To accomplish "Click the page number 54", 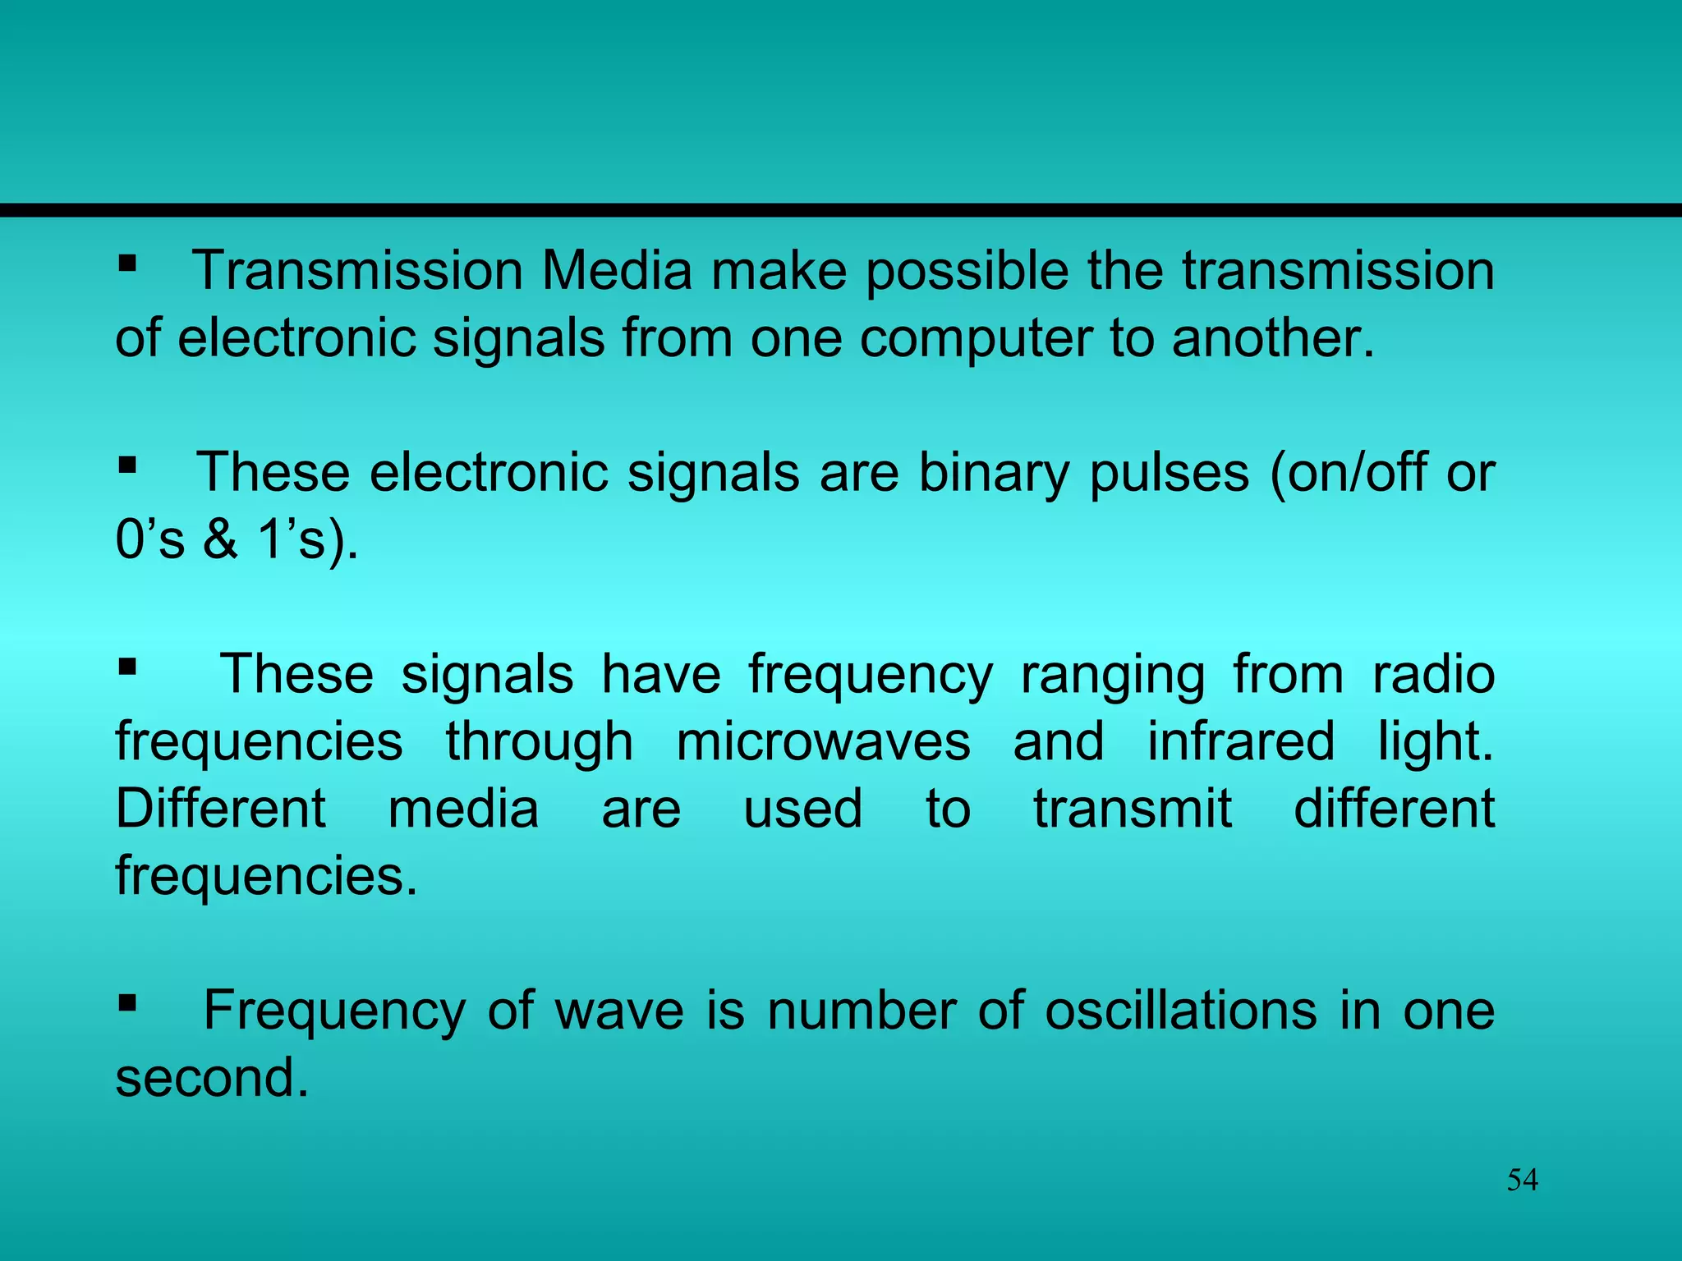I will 1522,1180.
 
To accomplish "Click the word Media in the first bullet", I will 617,271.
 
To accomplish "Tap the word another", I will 1272,338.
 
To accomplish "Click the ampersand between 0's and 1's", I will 220,540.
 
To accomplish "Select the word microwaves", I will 823,742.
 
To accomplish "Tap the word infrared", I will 1240,742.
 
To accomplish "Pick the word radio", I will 1433,675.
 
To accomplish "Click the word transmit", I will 1133,809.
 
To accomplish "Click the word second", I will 212,1078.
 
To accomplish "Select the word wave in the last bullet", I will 619,1011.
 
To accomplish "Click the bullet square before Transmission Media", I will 126,264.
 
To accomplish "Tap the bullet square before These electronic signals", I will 126,466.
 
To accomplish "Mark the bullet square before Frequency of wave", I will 126,1003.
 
